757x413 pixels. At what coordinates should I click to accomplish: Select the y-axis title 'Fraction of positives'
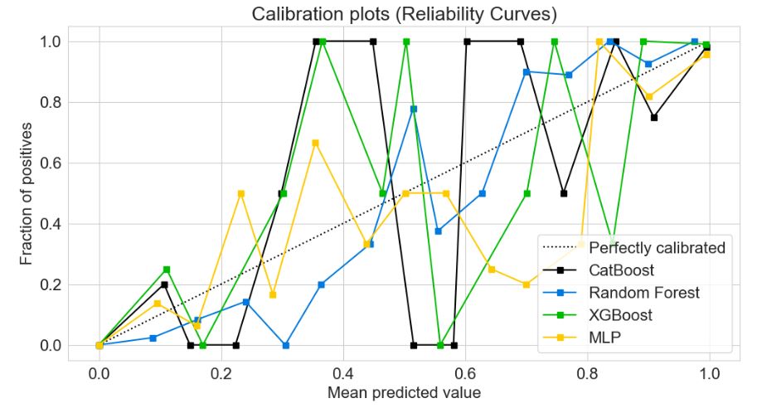[x=28, y=192]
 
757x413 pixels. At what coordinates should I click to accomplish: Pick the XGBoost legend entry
[x=622, y=316]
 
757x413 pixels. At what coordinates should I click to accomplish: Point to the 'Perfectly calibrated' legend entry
[x=656, y=247]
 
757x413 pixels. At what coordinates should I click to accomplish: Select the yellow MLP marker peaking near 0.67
[x=315, y=143]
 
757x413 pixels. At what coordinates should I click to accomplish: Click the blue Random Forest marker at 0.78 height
[x=413, y=109]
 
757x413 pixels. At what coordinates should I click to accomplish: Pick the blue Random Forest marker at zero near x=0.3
[x=285, y=345]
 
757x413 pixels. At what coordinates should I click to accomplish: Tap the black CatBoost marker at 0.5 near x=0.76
[x=564, y=193]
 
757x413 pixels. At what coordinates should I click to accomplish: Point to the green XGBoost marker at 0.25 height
[x=167, y=270]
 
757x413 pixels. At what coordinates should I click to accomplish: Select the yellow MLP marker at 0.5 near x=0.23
[x=240, y=193]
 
